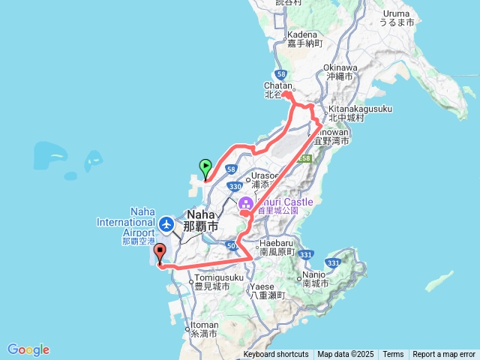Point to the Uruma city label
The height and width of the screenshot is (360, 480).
397,18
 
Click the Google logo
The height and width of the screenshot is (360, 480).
28,349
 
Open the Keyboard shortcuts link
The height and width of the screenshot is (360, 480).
275,355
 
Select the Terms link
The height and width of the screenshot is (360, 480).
393,355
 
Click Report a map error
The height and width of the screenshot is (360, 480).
444,355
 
